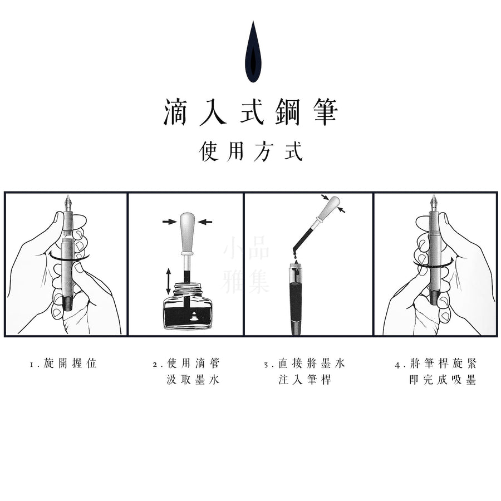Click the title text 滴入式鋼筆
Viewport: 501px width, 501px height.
point(251,112)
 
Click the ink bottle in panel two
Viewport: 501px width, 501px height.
point(188,306)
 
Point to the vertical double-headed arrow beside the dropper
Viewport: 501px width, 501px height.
point(168,281)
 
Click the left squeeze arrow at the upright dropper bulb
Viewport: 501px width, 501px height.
point(169,221)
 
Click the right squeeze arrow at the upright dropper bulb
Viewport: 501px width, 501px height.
point(205,221)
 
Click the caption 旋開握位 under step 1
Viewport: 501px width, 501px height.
point(70,364)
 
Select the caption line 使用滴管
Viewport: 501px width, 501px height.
point(193,364)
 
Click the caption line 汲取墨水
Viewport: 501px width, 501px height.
point(193,380)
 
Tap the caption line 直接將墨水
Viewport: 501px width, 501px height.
point(312,364)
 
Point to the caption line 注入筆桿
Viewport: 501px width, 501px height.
point(305,380)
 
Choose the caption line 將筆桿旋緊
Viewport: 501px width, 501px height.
point(443,364)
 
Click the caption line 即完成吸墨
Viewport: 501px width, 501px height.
point(443,380)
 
